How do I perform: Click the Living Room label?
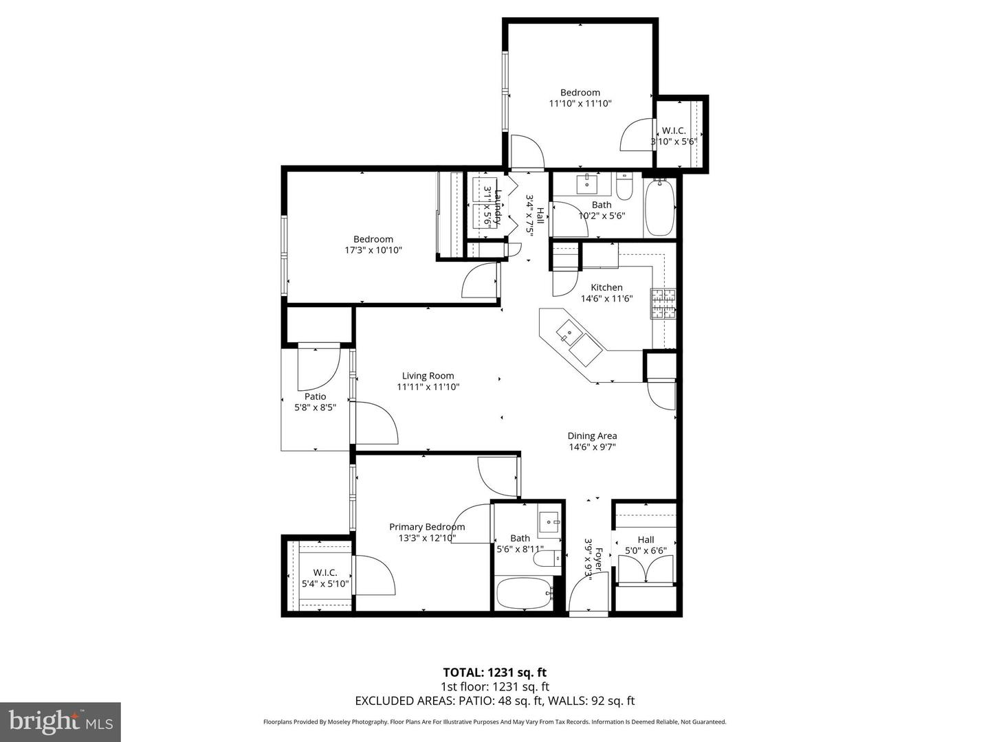click(x=428, y=376)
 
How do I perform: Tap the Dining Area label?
click(x=592, y=436)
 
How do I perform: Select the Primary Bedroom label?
click(x=427, y=527)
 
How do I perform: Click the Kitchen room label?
click(x=606, y=287)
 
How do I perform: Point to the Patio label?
click(x=315, y=396)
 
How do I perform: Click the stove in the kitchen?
click(x=663, y=304)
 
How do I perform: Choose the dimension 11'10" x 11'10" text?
click(x=580, y=104)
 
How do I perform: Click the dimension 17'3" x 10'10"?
click(x=373, y=250)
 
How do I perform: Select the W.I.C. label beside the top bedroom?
click(x=674, y=131)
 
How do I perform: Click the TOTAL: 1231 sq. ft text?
click(x=494, y=673)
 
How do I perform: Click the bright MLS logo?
click(x=60, y=721)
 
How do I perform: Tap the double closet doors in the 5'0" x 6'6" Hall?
click(x=646, y=570)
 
